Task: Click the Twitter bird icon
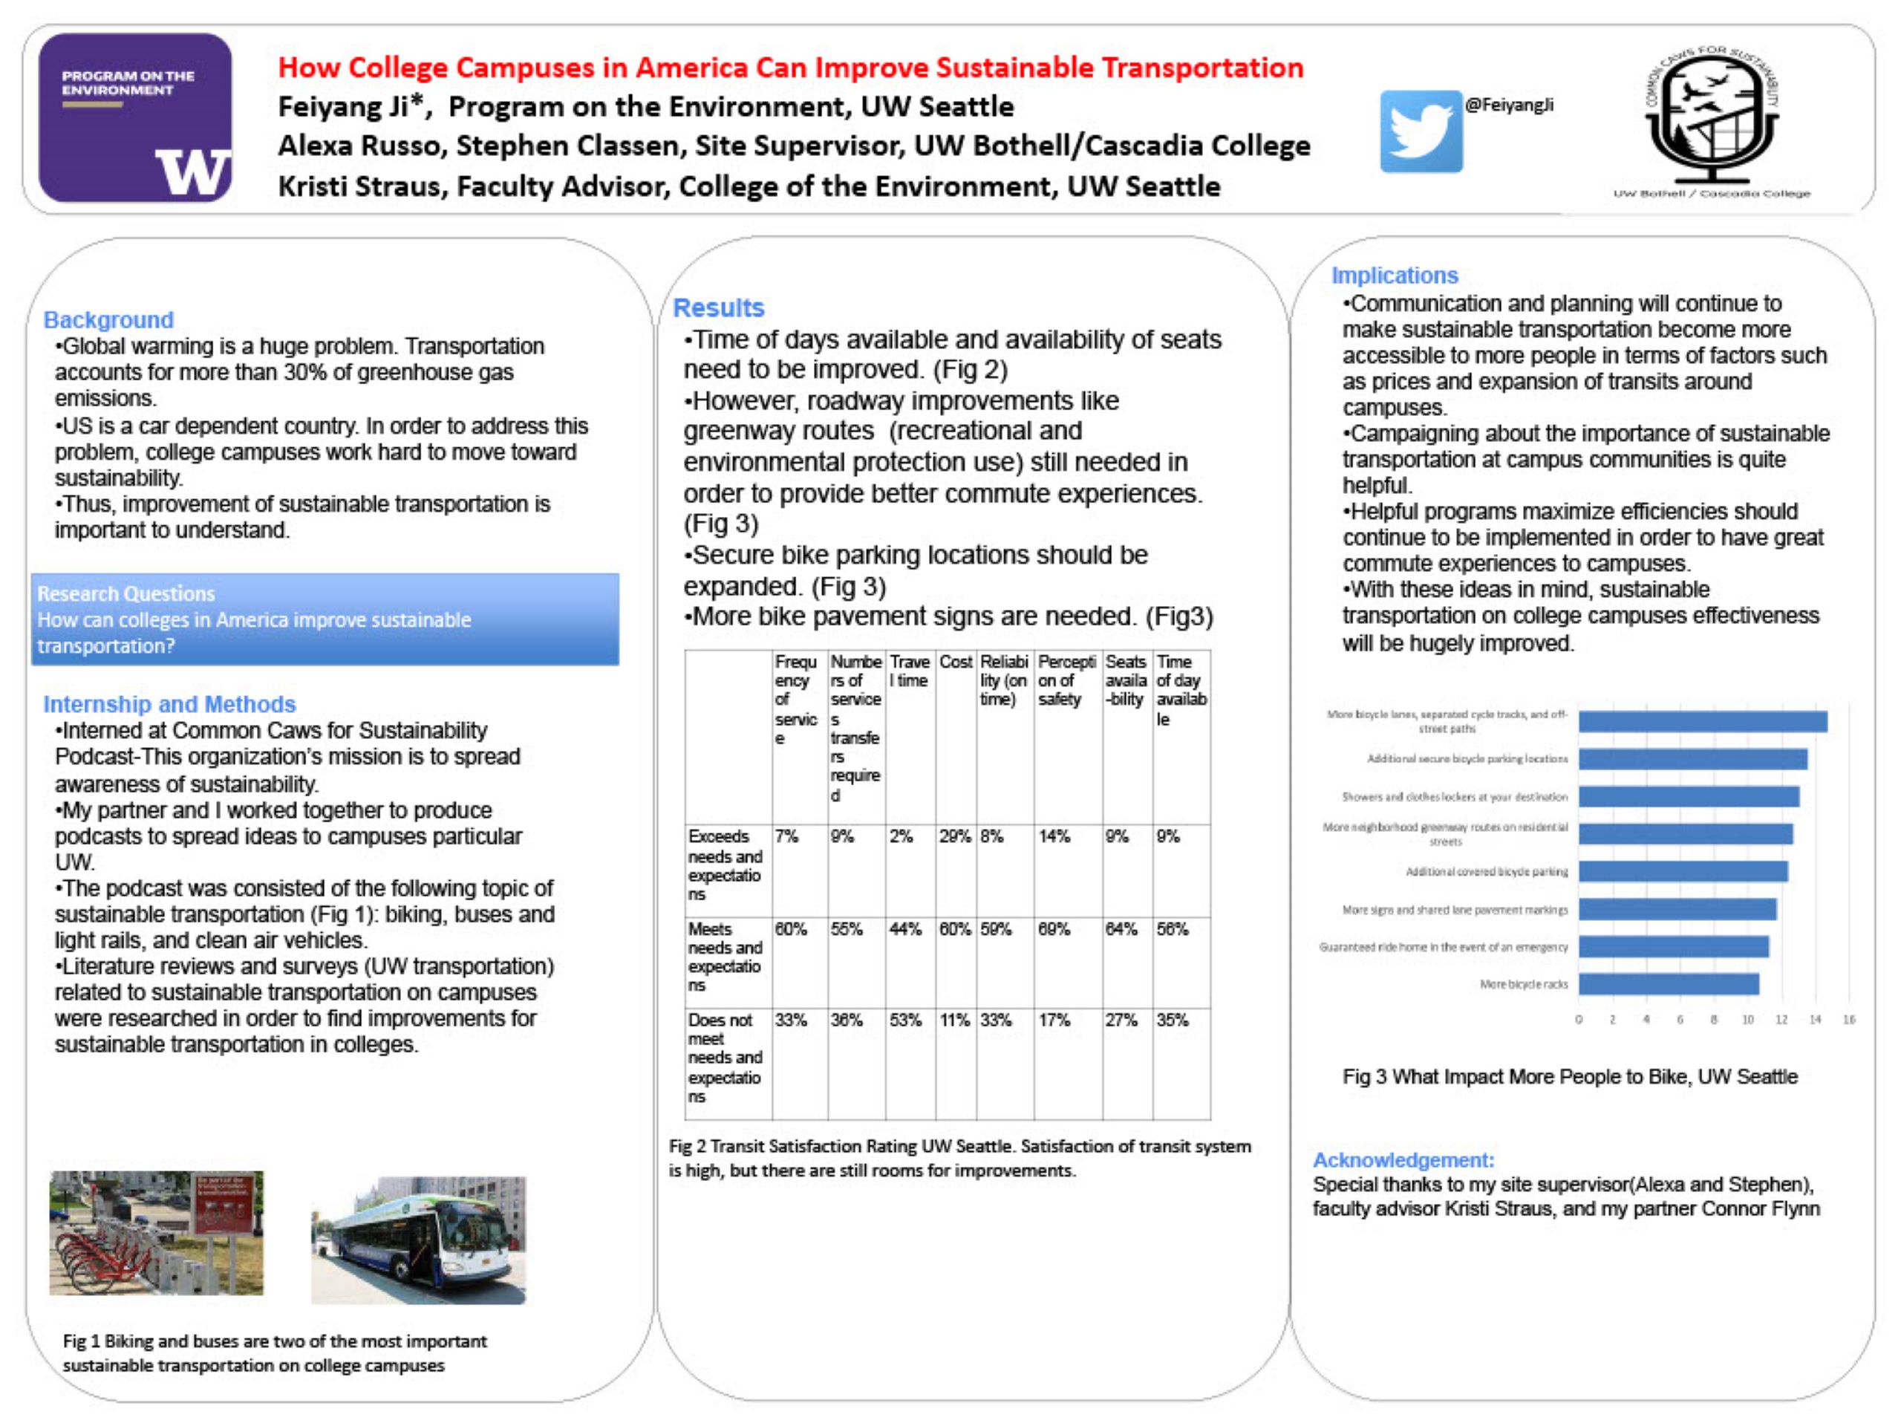pyautogui.click(x=1421, y=131)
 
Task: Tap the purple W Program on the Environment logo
pyautogui.click(x=135, y=118)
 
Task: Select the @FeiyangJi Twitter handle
pyautogui.click(x=1509, y=105)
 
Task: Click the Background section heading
pyautogui.click(x=108, y=320)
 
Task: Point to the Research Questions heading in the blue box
pyautogui.click(x=125, y=593)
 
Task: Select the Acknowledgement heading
pyautogui.click(x=1403, y=1159)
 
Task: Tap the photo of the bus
pyautogui.click(x=419, y=1240)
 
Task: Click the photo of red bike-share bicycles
pyautogui.click(x=157, y=1233)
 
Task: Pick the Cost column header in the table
pyautogui.click(x=955, y=662)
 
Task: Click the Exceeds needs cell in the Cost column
pyautogui.click(x=955, y=836)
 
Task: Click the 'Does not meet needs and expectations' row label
pyautogui.click(x=725, y=1058)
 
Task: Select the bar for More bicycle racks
pyautogui.click(x=1668, y=984)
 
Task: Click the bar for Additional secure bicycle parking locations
pyautogui.click(x=1692, y=759)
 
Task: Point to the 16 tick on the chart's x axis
pyautogui.click(x=1848, y=1020)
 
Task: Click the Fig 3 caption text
pyautogui.click(x=1569, y=1076)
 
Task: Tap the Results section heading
pyautogui.click(x=719, y=307)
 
